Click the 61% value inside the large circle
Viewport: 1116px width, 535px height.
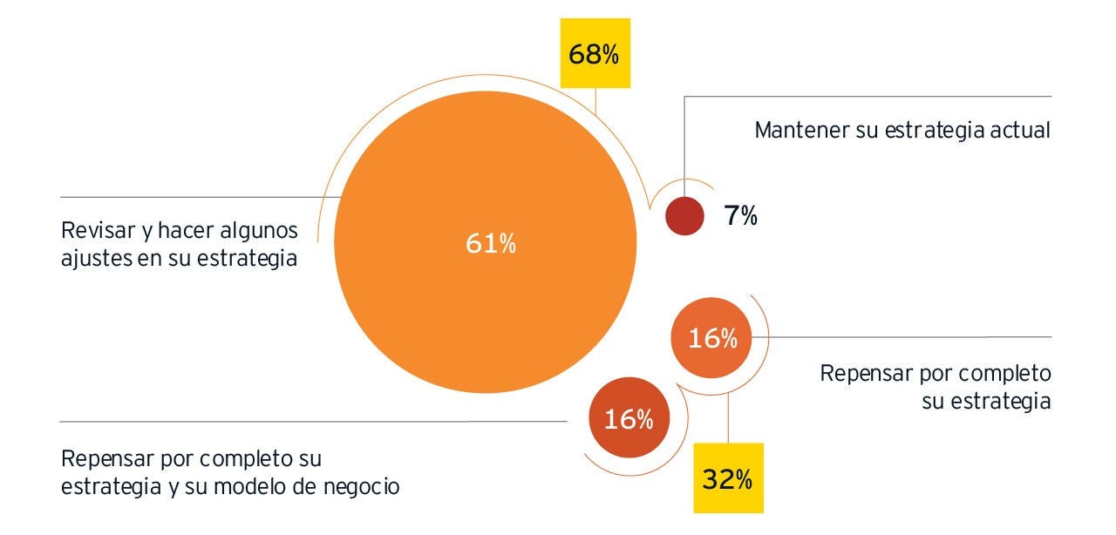(490, 245)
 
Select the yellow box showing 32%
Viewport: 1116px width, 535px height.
(728, 477)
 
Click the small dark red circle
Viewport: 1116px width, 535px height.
(684, 216)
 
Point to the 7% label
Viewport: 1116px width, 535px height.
(740, 216)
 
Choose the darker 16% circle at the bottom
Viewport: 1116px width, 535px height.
(628, 419)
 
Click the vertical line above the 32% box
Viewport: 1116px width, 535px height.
(728, 418)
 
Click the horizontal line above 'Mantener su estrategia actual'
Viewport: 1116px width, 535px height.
(872, 97)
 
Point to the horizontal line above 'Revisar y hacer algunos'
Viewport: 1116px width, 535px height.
(192, 196)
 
